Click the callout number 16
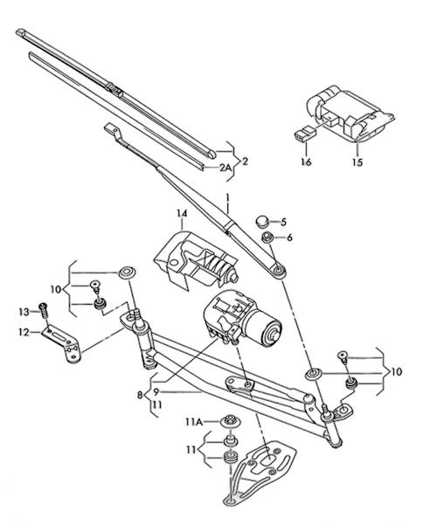[x=306, y=162]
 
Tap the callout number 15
[x=357, y=162]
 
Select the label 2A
[x=225, y=168]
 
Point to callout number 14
[x=183, y=213]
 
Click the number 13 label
[x=24, y=312]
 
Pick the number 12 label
[x=24, y=333]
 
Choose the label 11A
[x=194, y=423]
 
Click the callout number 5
[x=283, y=222]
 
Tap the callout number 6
[x=289, y=238]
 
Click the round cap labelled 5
[x=262, y=221]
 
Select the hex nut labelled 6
[x=267, y=238]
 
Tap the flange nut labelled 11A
[x=229, y=421]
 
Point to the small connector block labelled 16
[x=305, y=133]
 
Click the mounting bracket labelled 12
[x=64, y=343]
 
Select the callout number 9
[x=156, y=391]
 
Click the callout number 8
[x=140, y=395]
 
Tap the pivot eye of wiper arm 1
[x=279, y=270]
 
